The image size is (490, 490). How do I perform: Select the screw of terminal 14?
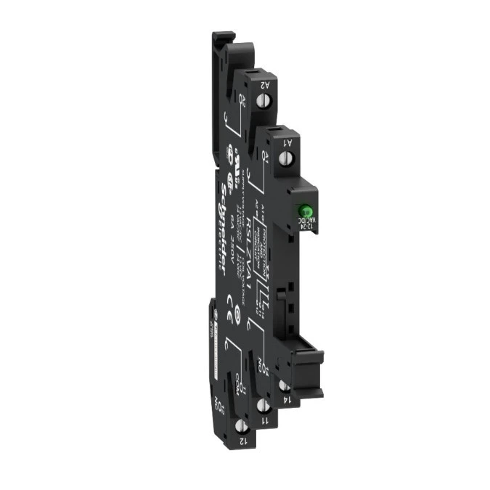281,385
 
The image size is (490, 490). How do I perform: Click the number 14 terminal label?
287,399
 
